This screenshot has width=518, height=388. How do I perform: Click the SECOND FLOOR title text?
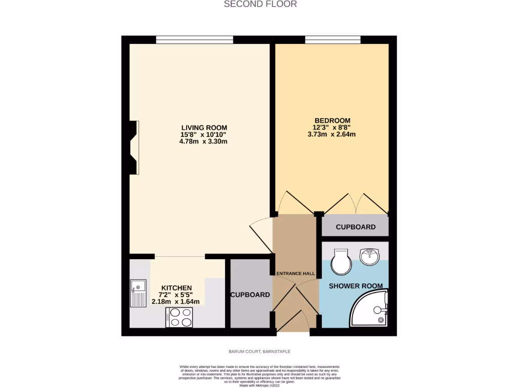pyautogui.click(x=260, y=4)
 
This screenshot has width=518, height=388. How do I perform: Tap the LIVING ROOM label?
pyautogui.click(x=204, y=127)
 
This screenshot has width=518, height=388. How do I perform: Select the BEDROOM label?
pyautogui.click(x=332, y=120)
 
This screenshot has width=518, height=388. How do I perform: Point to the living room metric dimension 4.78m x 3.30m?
pyautogui.click(x=203, y=141)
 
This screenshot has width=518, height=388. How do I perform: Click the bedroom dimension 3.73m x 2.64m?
pyautogui.click(x=332, y=134)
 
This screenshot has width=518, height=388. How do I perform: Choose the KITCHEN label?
pyautogui.click(x=177, y=288)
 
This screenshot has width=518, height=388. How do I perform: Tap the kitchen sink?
pyautogui.click(x=138, y=294)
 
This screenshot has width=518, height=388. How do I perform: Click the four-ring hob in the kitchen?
pyautogui.click(x=179, y=317)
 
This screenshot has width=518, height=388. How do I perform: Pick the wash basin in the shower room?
pyautogui.click(x=370, y=257)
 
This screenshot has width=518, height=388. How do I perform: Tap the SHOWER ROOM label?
pyautogui.click(x=356, y=286)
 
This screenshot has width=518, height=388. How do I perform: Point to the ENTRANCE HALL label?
pyautogui.click(x=295, y=274)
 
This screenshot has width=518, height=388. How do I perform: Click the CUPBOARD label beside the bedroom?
pyautogui.click(x=356, y=227)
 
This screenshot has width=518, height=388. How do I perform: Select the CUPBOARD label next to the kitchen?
pyautogui.click(x=250, y=295)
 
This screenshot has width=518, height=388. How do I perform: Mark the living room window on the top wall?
pyautogui.click(x=195, y=39)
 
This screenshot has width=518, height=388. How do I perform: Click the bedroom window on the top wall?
pyautogui.click(x=332, y=39)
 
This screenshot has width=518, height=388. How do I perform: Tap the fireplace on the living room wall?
pyautogui.click(x=134, y=148)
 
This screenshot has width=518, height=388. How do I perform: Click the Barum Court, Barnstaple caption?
pyautogui.click(x=260, y=351)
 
